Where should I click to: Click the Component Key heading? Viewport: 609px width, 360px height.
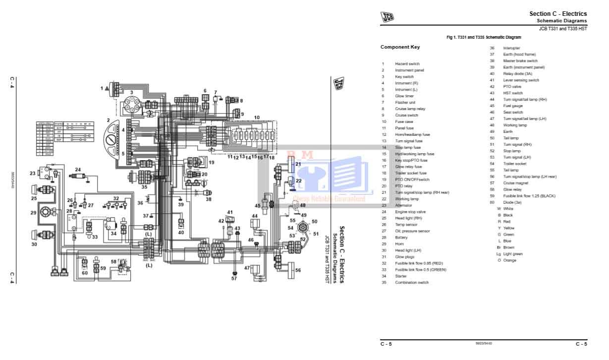pos(399,47)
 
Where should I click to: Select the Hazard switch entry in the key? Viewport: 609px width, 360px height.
pos(407,64)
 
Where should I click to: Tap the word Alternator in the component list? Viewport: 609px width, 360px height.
pos(403,205)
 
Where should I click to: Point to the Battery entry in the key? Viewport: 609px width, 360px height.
pos(401,238)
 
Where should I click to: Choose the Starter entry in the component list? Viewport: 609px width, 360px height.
pos(401,276)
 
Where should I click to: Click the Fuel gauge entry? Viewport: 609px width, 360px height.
pos(513,106)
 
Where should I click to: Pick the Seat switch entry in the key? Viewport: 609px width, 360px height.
pos(513,112)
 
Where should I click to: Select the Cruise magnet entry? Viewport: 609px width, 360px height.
pos(515,183)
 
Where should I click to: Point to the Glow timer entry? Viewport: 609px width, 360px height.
pos(404,96)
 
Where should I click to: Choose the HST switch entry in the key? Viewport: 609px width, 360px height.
pos(513,93)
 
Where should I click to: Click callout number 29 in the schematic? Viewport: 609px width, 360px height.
pos(34,213)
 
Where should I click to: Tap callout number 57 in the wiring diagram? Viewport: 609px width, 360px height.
pos(234,279)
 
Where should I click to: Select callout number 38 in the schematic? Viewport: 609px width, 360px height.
pos(209,199)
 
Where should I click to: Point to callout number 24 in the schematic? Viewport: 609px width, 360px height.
pos(78,170)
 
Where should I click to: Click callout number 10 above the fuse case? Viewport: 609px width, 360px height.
pos(257,118)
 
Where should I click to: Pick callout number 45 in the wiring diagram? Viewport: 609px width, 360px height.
pos(258,205)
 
